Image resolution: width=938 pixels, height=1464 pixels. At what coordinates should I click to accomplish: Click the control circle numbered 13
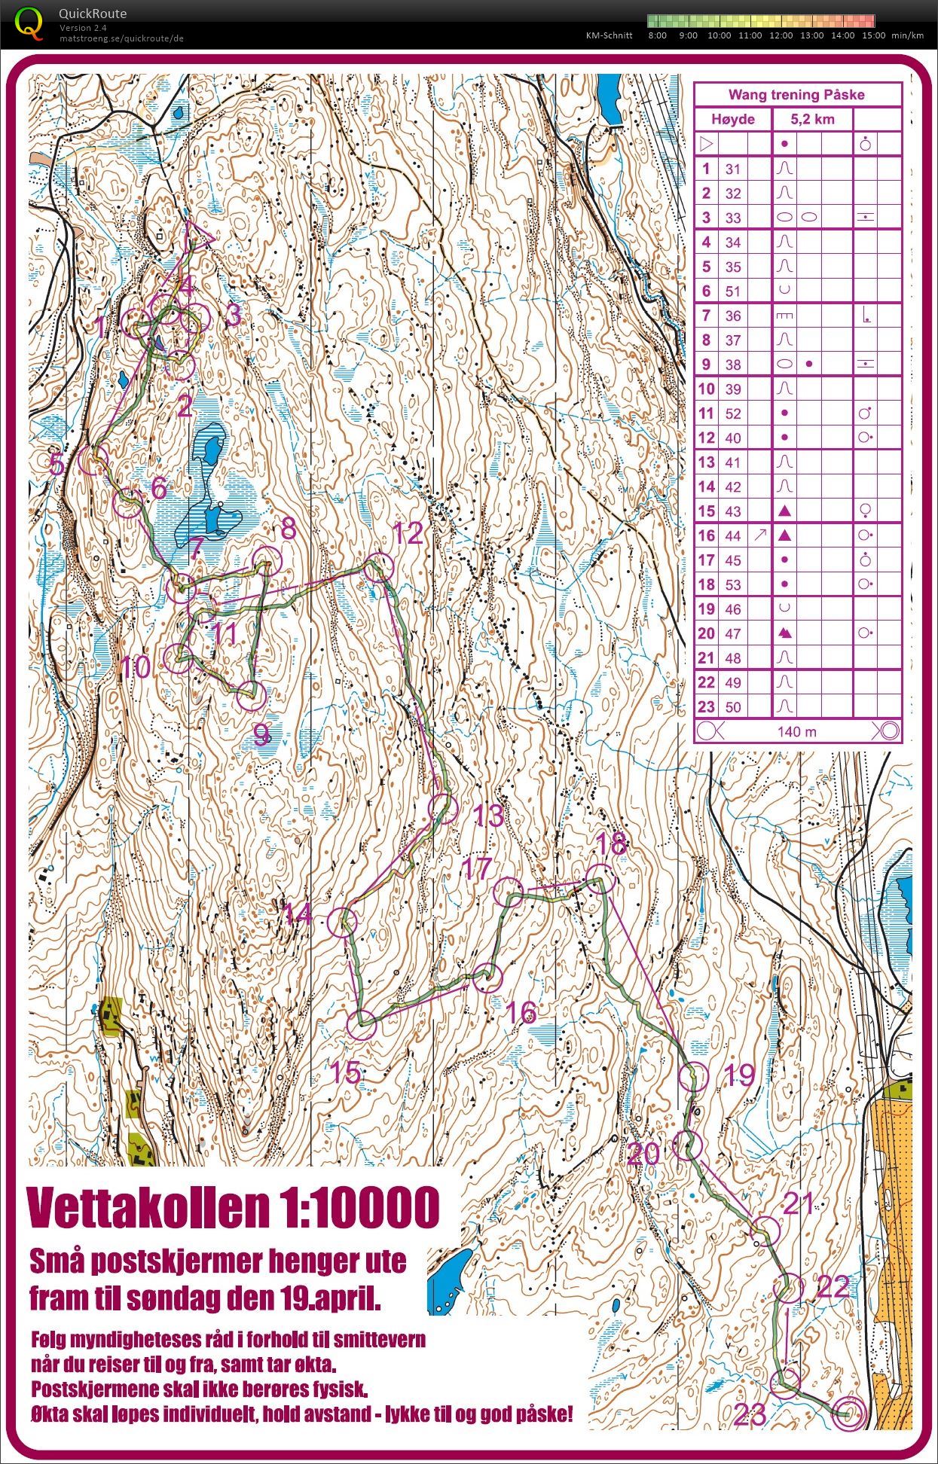[x=444, y=808]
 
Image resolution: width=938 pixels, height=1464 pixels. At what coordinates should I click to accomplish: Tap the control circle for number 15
[x=362, y=1025]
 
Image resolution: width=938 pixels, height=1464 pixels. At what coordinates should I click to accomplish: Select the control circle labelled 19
[x=694, y=1078]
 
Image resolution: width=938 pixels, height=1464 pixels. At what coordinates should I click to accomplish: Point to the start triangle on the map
[x=198, y=234]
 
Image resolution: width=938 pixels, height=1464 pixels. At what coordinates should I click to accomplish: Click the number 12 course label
[x=408, y=534]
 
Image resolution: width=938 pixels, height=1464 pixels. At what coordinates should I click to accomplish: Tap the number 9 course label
[x=261, y=734]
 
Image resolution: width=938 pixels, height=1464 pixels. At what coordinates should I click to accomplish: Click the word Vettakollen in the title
[x=146, y=1208]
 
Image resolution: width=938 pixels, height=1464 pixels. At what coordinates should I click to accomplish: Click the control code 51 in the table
[x=733, y=291]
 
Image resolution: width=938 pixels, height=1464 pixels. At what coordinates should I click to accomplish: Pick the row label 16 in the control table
[x=706, y=535]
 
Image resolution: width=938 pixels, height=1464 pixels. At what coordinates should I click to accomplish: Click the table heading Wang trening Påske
[x=796, y=95]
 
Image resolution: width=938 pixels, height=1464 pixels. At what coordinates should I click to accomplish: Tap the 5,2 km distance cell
[x=812, y=119]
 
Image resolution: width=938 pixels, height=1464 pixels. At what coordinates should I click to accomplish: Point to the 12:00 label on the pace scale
[x=781, y=35]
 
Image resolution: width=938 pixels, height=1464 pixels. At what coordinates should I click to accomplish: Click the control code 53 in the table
[x=733, y=584]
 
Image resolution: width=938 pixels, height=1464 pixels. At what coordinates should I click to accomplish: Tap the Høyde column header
[x=733, y=119]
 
